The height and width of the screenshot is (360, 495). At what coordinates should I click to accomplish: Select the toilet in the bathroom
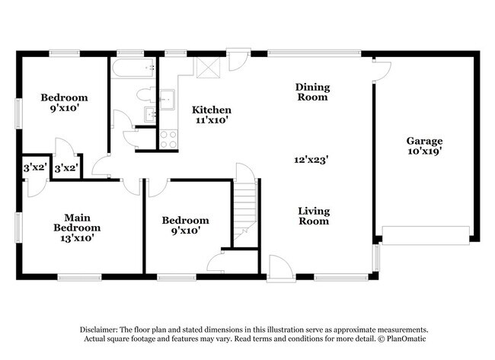click(145, 95)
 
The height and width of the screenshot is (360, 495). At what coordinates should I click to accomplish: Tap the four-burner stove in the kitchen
click(168, 139)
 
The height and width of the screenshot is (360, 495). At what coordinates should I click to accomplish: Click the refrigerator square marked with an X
click(207, 67)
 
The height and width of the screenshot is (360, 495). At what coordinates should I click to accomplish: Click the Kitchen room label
click(211, 110)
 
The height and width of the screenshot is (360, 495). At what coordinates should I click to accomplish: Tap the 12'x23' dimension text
click(311, 160)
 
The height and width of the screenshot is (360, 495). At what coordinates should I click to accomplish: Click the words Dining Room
click(312, 92)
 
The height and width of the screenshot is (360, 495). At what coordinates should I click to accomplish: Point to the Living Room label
click(313, 216)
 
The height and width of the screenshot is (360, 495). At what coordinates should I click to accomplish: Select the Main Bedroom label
click(77, 222)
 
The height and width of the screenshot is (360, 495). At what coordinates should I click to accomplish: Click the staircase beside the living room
click(245, 205)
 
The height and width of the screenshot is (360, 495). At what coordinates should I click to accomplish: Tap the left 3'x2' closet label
click(34, 167)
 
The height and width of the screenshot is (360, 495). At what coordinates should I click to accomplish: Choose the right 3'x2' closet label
click(65, 167)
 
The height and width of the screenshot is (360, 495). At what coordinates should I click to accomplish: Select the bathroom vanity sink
click(152, 114)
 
